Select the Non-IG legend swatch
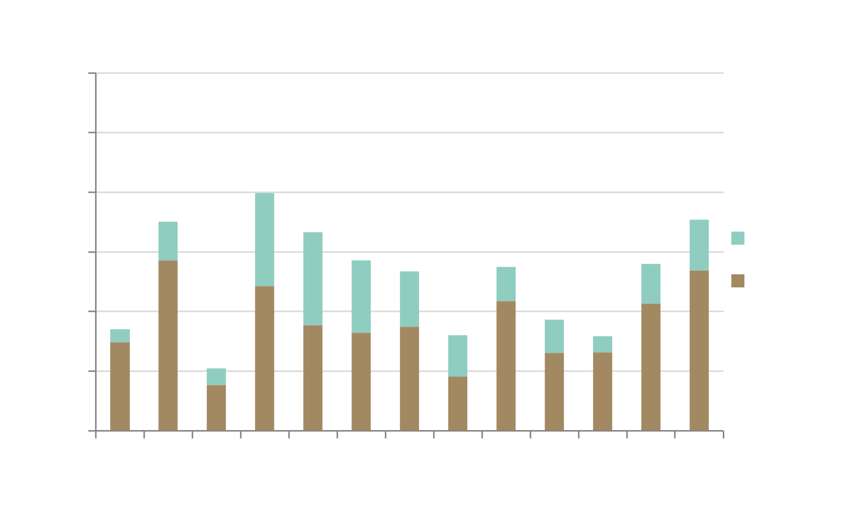[737, 238]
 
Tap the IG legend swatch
[737, 280]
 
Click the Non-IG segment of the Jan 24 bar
[265, 239]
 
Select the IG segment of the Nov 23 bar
[168, 345]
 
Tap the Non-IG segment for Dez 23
[216, 376]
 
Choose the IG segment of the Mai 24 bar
[458, 403]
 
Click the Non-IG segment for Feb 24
[313, 278]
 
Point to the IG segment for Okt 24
[699, 350]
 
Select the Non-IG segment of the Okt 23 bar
[120, 336]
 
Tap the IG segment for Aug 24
[603, 391]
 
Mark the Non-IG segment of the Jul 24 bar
[554, 336]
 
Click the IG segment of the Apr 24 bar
[409, 378]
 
